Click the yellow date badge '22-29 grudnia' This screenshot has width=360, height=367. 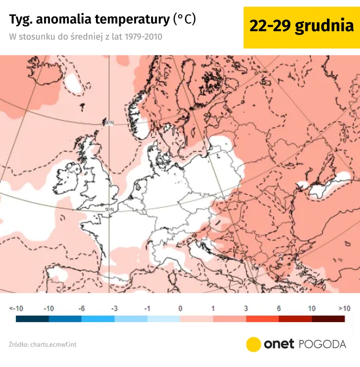[x=301, y=27]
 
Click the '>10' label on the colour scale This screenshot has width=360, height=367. [x=344, y=309]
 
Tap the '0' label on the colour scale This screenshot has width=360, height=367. [x=180, y=309]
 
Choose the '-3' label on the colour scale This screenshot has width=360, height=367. [x=114, y=309]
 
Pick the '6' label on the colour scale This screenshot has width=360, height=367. [x=279, y=309]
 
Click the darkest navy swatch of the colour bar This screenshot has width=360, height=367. [x=32, y=318]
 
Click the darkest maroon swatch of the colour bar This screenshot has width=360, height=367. [x=328, y=318]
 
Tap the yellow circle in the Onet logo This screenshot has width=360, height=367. [x=253, y=344]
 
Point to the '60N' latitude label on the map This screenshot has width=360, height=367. [x=108, y=122]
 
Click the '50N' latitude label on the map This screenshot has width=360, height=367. [x=109, y=210]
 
